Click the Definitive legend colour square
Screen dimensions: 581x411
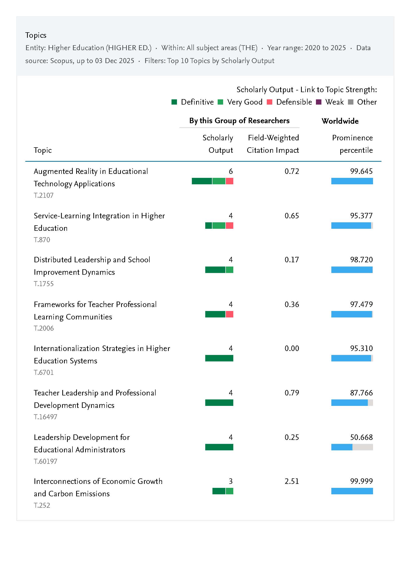(174, 102)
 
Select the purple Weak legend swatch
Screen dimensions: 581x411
(319, 102)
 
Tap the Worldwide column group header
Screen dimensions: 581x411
(340, 121)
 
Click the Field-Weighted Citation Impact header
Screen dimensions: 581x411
(273, 144)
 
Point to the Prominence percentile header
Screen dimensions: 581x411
(352, 144)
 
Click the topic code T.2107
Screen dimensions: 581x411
(43, 195)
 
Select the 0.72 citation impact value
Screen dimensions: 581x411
(292, 171)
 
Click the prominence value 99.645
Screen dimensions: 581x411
(361, 171)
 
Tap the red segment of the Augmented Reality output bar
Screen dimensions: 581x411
(229, 181)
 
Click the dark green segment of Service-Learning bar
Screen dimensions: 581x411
(208, 225)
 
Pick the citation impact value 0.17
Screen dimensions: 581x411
(292, 260)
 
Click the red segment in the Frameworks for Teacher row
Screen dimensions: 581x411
(229, 314)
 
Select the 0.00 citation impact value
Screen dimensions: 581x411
(292, 349)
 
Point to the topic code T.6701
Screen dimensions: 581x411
(43, 372)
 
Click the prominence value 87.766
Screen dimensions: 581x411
(361, 393)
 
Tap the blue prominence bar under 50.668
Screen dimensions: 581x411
(342, 447)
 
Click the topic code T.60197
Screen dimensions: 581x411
(46, 461)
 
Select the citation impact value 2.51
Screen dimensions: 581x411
(292, 481)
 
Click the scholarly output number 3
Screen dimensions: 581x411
(231, 481)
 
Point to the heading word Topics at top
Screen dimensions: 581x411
(36, 35)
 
